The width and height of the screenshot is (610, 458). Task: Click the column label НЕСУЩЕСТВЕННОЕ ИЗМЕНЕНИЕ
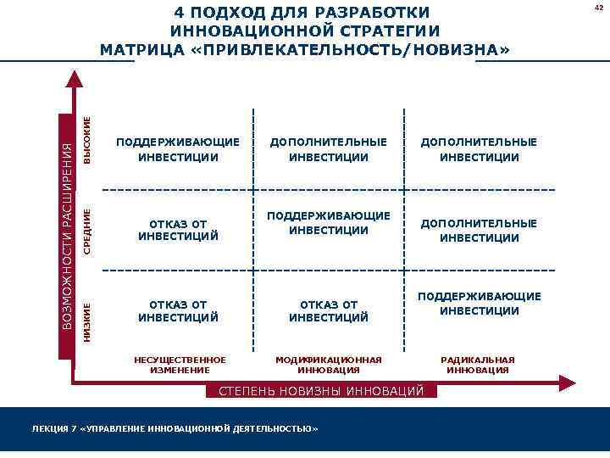pos(180,365)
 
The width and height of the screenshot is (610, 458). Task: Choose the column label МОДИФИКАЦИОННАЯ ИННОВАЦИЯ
pos(329,365)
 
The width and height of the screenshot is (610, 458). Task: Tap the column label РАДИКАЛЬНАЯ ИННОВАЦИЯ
pos(478,365)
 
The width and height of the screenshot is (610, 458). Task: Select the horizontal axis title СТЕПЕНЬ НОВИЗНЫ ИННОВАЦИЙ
pos(322,391)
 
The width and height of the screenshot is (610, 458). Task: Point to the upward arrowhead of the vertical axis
pos(75,78)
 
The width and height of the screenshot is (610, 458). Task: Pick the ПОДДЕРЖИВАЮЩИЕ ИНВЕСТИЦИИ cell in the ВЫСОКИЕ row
pos(178,149)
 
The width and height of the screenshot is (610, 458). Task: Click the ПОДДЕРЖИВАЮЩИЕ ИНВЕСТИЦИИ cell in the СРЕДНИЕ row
pos(329,223)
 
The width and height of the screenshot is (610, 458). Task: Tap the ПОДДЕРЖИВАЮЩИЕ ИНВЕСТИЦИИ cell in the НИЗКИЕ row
pos(480,304)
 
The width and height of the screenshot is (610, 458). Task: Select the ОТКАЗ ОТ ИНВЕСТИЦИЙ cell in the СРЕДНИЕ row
pos(178,230)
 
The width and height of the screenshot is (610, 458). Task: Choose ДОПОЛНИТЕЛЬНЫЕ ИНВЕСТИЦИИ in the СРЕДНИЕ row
pos(480,230)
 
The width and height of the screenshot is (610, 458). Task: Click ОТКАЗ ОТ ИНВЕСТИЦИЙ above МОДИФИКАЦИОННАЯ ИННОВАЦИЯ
pos(329,310)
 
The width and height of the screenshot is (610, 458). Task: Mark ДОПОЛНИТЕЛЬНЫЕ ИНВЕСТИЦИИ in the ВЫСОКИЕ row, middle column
pos(329,149)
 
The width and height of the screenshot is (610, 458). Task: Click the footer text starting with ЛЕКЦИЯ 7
pos(175,429)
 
